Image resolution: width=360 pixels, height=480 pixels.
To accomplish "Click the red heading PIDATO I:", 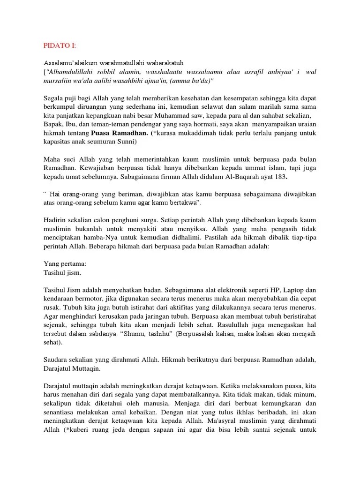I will coord(59,45).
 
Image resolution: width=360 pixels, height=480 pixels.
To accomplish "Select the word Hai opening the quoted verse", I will coord(56,194).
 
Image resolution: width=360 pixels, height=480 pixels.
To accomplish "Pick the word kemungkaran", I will coord(245,404).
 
